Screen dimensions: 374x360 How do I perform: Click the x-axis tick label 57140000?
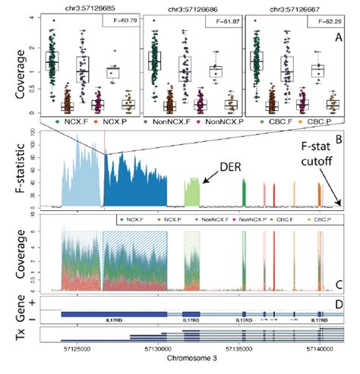[x=319, y=351]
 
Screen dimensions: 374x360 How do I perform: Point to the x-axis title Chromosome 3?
[x=196, y=364]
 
